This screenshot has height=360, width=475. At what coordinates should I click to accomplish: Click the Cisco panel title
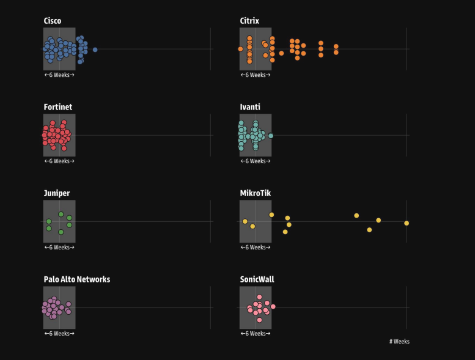(x=53, y=21)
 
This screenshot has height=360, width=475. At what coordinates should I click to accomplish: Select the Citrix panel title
(x=249, y=21)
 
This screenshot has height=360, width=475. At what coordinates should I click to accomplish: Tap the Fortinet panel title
(x=58, y=107)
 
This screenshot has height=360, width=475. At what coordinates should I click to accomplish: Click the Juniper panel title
(x=57, y=193)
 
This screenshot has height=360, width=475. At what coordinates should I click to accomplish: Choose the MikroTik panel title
(x=256, y=193)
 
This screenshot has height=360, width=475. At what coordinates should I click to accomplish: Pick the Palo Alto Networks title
(x=77, y=279)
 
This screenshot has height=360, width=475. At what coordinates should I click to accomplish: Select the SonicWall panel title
(x=257, y=279)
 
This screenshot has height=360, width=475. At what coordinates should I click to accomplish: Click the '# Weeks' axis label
(x=399, y=342)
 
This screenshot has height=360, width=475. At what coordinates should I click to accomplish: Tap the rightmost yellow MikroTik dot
(x=407, y=223)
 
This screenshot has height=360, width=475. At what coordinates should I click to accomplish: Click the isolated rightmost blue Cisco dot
(x=95, y=50)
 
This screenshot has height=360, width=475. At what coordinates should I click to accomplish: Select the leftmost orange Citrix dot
(x=240, y=49)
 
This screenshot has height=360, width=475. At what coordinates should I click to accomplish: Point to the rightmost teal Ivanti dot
(x=271, y=136)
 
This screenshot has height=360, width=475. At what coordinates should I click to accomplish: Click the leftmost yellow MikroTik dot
(x=245, y=221)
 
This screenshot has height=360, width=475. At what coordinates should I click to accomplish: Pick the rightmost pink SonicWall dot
(x=273, y=306)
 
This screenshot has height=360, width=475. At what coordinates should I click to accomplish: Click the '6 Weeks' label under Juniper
(x=59, y=248)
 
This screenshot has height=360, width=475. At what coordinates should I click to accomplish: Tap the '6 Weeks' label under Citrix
(x=256, y=75)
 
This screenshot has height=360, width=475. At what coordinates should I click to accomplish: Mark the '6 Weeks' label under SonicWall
(x=256, y=334)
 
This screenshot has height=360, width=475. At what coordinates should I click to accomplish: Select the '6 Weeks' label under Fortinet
(x=59, y=161)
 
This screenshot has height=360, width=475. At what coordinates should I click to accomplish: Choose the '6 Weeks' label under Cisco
(x=59, y=75)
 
